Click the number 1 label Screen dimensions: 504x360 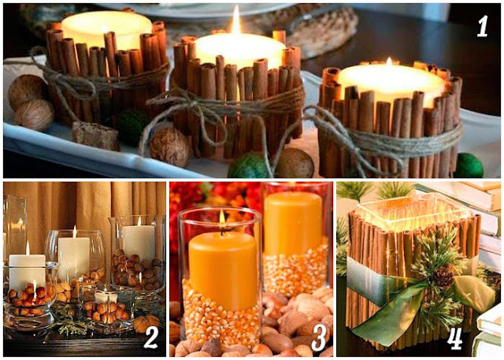coord(482,26)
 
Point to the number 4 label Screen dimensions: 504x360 coord(454,339)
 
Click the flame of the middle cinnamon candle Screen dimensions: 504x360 coord(236,20)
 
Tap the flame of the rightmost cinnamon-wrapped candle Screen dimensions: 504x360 coord(389,61)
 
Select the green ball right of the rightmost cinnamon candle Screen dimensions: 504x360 coord(469,165)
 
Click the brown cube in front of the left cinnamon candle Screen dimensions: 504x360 coord(95,135)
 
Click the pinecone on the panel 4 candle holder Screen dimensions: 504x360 coord(443,276)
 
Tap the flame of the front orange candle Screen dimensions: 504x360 coord(222,217)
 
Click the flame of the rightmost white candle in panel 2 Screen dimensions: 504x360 coord(139,221)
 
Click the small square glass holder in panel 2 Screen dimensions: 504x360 coord(108,308)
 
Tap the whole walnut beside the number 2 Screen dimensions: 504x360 coord(145,322)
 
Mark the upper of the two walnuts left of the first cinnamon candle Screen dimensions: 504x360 coord(27,91)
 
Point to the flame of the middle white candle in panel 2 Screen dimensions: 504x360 coord(75,232)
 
